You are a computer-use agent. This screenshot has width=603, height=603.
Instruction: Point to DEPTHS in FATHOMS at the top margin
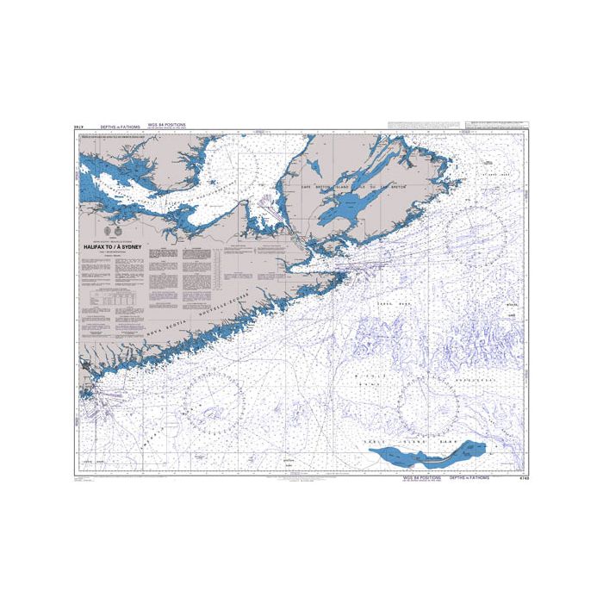point(121,127)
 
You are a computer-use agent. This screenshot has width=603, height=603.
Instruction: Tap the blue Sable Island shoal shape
point(430,451)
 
